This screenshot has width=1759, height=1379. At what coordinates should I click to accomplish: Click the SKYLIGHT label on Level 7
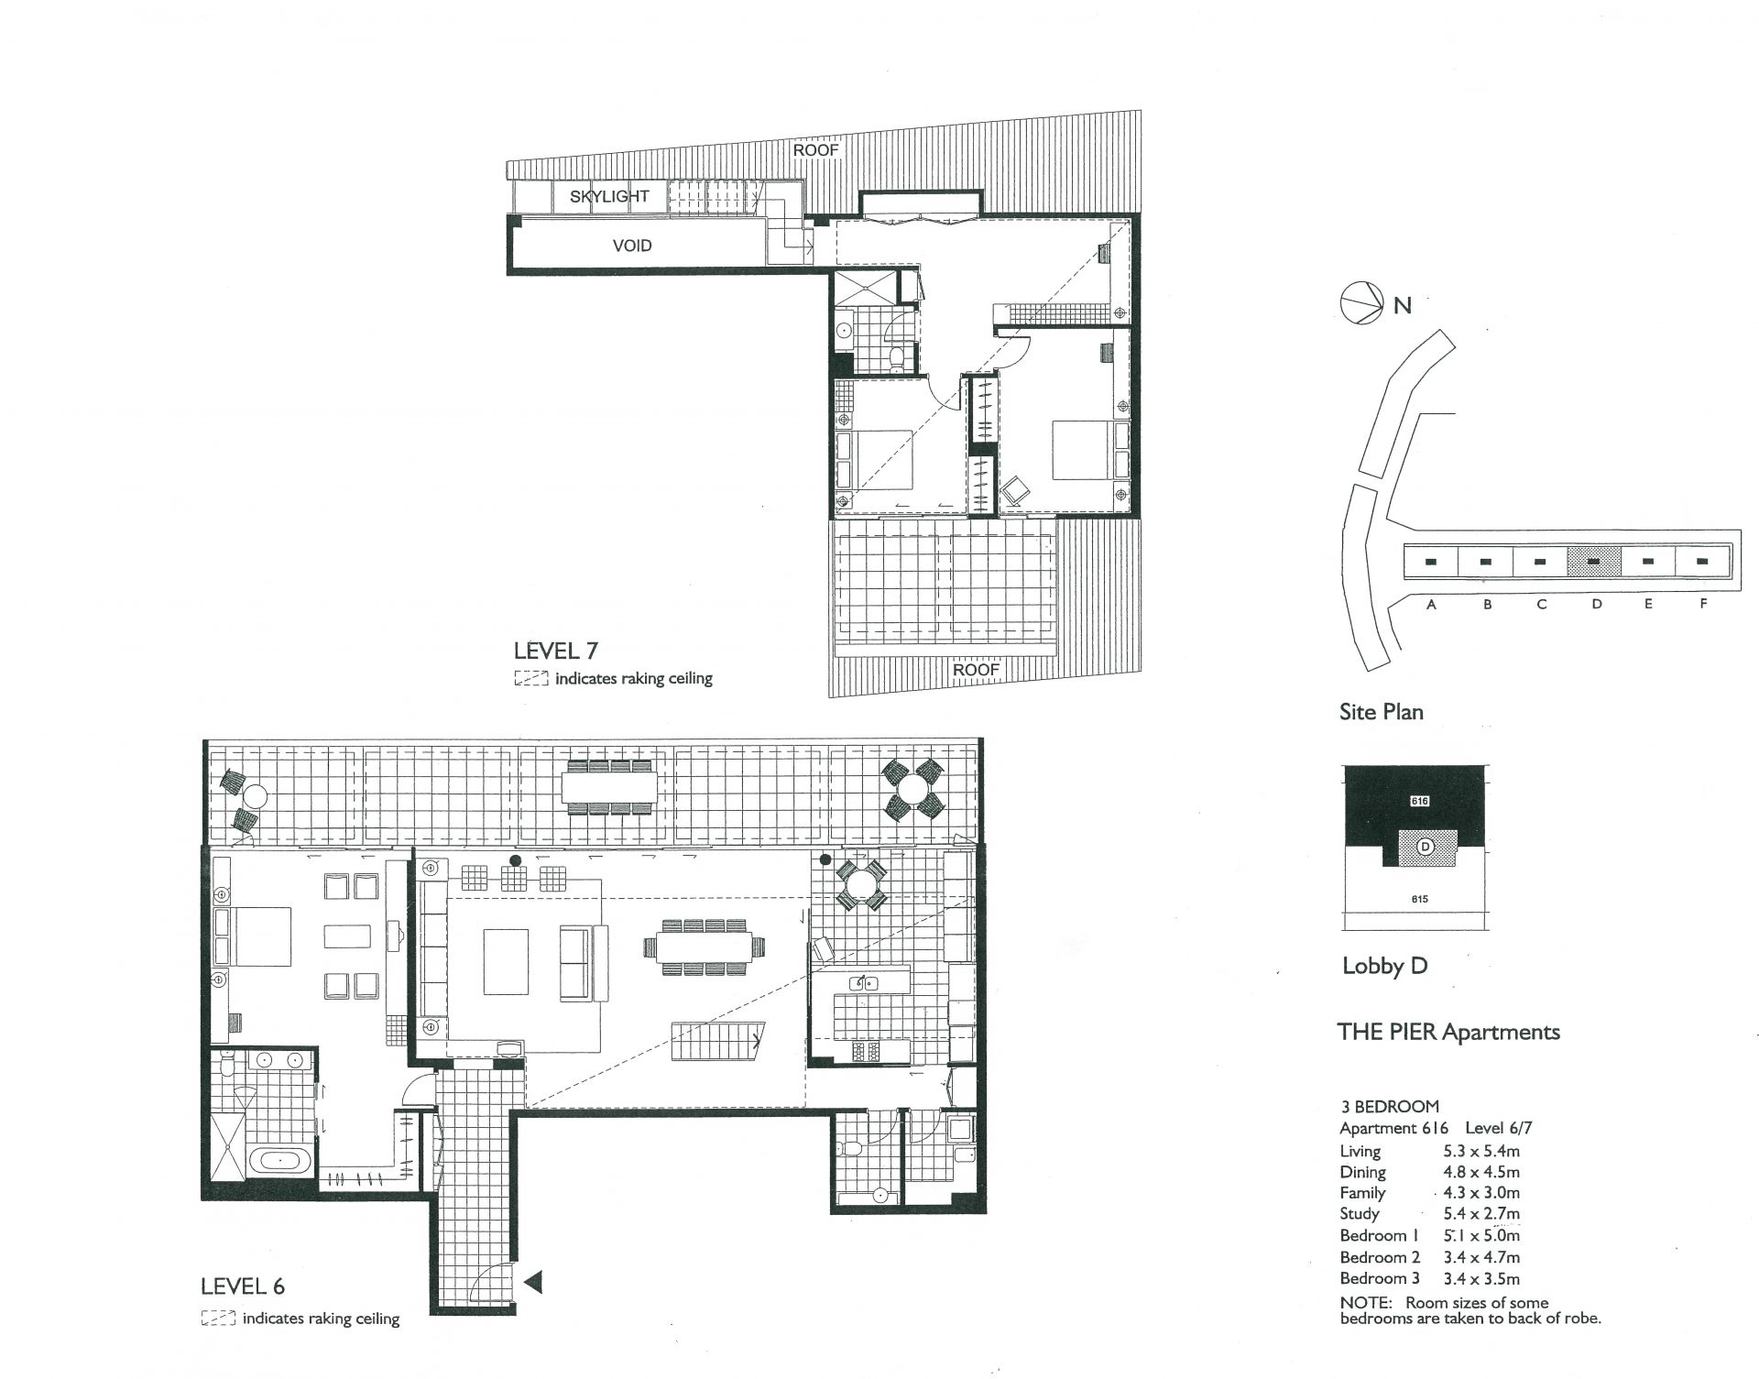coord(609,196)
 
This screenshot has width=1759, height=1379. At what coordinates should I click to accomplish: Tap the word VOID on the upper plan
coord(632,246)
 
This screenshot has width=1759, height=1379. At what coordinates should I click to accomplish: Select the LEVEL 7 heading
coord(556,651)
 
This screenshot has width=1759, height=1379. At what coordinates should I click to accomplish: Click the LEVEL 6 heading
coord(243,1286)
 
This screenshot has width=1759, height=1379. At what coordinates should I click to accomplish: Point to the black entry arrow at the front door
coord(532,1282)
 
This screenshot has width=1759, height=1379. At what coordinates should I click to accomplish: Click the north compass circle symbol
coord(1361,303)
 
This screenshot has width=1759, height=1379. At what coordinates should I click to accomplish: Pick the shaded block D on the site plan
coord(1593,560)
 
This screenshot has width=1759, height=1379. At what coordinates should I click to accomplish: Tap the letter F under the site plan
coord(1703,604)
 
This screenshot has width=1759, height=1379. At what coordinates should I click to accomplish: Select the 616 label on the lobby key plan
coord(1420,801)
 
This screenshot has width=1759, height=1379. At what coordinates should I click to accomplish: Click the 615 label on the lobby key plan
coord(1419,899)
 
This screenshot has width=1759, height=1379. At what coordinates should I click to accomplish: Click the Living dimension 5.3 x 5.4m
coord(1481,1152)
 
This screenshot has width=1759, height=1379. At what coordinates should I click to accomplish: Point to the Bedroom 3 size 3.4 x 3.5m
coord(1481,1279)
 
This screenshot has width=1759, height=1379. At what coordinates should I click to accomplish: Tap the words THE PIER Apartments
coord(1448,1032)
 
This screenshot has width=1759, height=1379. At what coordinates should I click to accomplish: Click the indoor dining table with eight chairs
coord(704,947)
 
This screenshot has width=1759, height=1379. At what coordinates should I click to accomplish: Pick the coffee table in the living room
coord(507,962)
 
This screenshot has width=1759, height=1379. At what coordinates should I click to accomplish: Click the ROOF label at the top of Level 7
coord(815,150)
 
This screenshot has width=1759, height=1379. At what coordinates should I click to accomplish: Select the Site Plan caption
coord(1381,712)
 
